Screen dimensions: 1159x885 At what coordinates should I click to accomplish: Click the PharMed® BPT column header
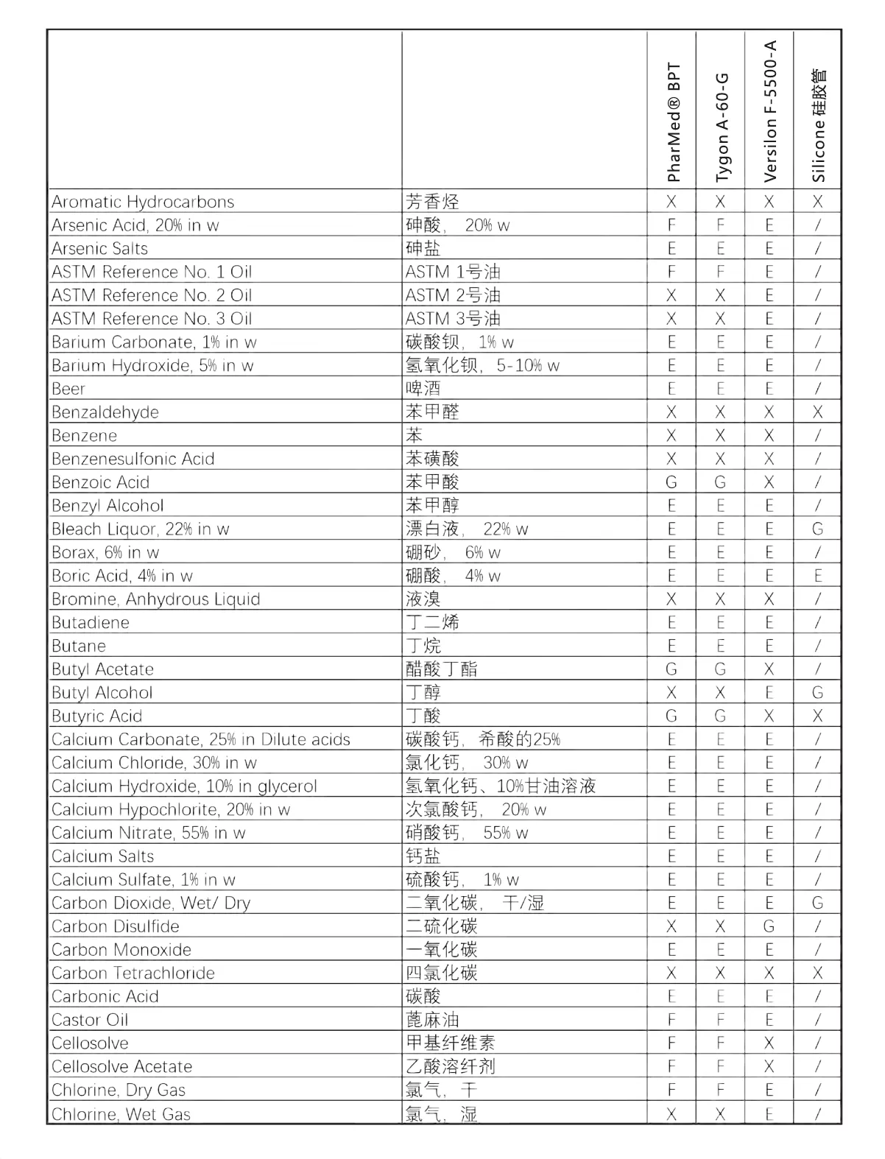tap(673, 121)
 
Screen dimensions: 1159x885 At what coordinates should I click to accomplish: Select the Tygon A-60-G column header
tap(722, 127)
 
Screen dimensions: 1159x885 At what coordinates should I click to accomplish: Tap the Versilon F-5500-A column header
tap(770, 110)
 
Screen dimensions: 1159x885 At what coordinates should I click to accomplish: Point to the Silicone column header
tap(818, 125)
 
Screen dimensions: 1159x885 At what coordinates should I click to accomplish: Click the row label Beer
tap(68, 389)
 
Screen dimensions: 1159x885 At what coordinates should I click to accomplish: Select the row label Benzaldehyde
tap(105, 412)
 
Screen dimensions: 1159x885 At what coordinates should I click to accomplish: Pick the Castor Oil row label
tap(90, 1020)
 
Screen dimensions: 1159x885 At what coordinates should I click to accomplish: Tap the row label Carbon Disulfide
tap(116, 926)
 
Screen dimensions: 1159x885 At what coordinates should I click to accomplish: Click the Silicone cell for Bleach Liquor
tap(817, 529)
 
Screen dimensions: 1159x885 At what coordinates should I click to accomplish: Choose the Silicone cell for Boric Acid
tap(817, 576)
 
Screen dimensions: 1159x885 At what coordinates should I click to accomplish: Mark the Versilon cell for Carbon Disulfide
tap(769, 926)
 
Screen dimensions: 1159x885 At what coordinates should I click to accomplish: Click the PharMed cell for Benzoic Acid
tap(671, 482)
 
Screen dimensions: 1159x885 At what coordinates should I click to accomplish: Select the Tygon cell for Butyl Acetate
tap(720, 669)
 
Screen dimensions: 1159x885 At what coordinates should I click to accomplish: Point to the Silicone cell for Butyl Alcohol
tap(817, 693)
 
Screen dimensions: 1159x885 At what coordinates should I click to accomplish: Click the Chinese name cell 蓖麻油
tap(432, 1020)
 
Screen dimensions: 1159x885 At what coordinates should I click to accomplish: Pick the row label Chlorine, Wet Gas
tap(121, 1113)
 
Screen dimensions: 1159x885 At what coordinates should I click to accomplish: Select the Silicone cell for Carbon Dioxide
tap(817, 903)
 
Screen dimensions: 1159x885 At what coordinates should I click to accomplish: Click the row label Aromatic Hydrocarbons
tap(143, 202)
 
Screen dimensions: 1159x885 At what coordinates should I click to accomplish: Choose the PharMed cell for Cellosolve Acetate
tap(671, 1066)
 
